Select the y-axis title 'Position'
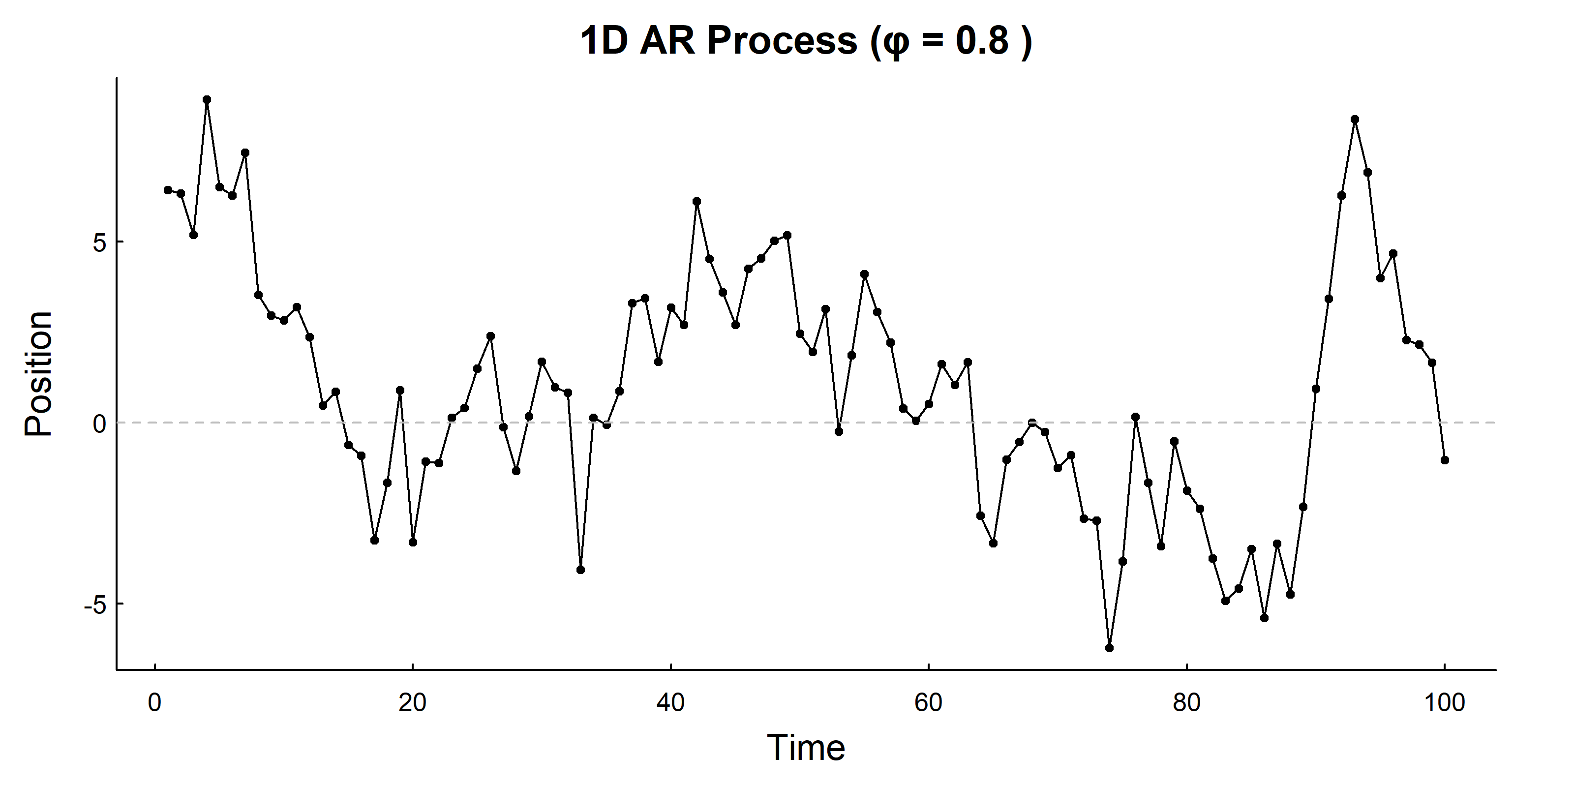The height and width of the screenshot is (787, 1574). [x=38, y=373]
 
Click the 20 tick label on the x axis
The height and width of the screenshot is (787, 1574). [x=413, y=703]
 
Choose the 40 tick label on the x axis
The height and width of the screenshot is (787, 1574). [x=670, y=703]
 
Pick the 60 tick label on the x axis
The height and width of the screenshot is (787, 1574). [x=928, y=703]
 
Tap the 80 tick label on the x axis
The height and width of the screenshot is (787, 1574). [x=1186, y=703]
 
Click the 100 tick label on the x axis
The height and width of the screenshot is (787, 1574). [x=1444, y=703]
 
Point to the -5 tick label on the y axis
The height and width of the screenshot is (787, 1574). [x=95, y=605]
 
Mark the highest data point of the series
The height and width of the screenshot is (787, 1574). [x=207, y=99]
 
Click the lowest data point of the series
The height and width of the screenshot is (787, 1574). [x=1109, y=648]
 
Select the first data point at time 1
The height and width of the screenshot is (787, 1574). [x=167, y=190]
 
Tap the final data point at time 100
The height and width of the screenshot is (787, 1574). [x=1445, y=460]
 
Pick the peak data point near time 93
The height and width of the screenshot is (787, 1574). [x=1355, y=119]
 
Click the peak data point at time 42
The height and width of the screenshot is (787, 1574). [x=696, y=201]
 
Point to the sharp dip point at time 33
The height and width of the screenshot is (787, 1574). [x=580, y=570]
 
